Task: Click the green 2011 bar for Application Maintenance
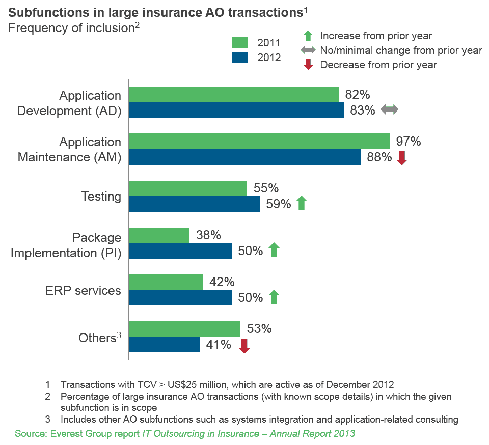point(259,141)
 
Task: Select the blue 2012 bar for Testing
point(194,204)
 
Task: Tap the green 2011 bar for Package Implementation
point(158,235)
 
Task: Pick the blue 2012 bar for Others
point(164,345)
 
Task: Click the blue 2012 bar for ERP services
point(180,298)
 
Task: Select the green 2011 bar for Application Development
point(233,94)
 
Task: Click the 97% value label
point(409,141)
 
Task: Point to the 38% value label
point(208,235)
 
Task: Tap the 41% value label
point(219,345)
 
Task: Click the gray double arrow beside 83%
point(390,109)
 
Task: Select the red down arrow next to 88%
point(401,157)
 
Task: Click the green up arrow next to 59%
point(301,204)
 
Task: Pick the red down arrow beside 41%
point(244,346)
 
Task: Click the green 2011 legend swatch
point(240,42)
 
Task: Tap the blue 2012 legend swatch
point(240,58)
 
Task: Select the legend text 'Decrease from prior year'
point(378,65)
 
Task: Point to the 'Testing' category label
point(101,197)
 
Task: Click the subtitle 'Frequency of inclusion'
point(71,28)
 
